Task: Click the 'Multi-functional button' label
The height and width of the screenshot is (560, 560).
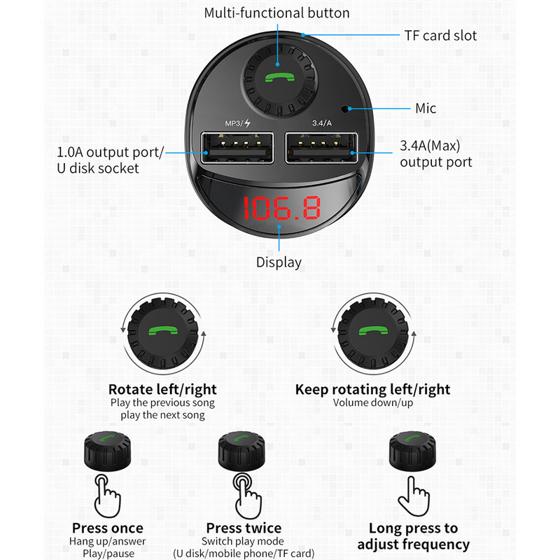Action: pos(277,13)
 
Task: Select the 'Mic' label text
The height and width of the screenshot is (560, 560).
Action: pos(426,108)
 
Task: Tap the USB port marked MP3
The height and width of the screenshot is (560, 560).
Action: pos(235,148)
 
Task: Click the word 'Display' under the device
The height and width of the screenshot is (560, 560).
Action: pos(279,262)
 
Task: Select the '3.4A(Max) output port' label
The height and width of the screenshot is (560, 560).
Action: pos(436,154)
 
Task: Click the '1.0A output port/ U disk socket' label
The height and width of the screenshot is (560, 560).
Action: pos(110,160)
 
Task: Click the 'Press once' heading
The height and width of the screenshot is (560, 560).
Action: pos(107,528)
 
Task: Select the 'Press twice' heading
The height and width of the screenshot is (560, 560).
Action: pos(244,528)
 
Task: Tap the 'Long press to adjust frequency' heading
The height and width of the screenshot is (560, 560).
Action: pos(413,536)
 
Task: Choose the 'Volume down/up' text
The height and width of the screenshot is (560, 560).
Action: pos(372,402)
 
